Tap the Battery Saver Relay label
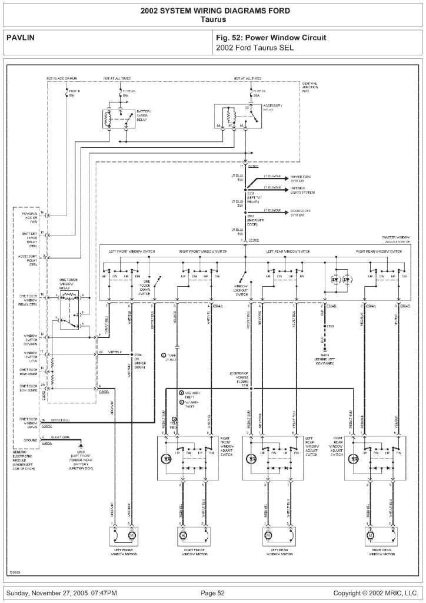pyautogui.click(x=144, y=115)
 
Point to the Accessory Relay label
pyautogui.click(x=272, y=108)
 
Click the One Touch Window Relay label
pyautogui.click(x=69, y=284)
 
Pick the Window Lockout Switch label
pyautogui.click(x=242, y=290)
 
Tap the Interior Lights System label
pyautogui.click(x=302, y=191)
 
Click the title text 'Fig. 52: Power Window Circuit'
pyautogui.click(x=271, y=38)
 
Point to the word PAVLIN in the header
pyautogui.click(x=21, y=38)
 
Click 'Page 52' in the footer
pyautogui.click(x=212, y=592)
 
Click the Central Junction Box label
pyautogui.click(x=309, y=88)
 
